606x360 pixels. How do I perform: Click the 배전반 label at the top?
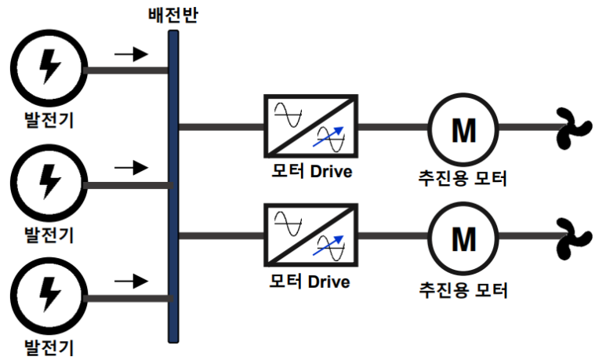coord(172,13)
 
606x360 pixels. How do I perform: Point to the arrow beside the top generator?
coord(130,55)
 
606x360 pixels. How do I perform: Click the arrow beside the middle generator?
coord(130,167)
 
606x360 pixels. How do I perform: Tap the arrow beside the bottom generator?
coord(130,280)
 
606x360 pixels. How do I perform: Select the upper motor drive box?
coord(311,126)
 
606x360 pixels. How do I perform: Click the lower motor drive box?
coord(311,235)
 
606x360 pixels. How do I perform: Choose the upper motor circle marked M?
coord(463,128)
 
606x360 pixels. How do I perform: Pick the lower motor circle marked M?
coord(463,237)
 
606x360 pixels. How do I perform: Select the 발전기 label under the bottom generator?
coord(49,345)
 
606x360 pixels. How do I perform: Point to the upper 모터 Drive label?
coord(310,171)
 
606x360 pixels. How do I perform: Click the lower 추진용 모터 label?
coord(463,289)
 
